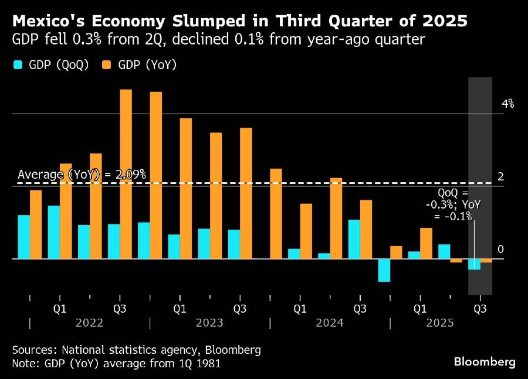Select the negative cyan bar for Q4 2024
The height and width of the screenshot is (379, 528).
[x=384, y=270]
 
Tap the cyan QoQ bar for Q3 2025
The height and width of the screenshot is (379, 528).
[x=474, y=264]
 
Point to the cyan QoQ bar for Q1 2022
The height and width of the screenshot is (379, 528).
[x=54, y=232]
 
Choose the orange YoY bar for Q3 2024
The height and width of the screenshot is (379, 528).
[x=366, y=229]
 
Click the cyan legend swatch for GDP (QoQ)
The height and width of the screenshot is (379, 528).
[x=18, y=65]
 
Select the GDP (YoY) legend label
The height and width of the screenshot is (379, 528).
[x=147, y=65]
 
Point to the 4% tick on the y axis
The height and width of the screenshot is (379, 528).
[x=507, y=104]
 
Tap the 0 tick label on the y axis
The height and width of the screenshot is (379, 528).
[x=500, y=250]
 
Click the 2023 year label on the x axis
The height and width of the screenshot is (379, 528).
[x=209, y=323]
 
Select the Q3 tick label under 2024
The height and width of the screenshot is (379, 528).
[x=360, y=308]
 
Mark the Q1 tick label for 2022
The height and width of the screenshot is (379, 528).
[x=59, y=308]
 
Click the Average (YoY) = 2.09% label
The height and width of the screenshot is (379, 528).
[x=82, y=175]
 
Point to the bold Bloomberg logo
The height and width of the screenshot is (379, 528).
[x=485, y=362]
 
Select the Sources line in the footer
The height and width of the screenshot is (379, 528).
[x=136, y=350]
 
